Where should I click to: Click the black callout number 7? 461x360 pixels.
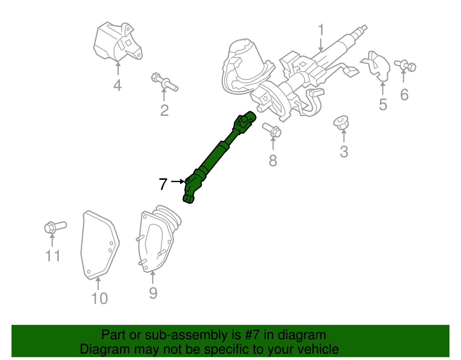[163, 184]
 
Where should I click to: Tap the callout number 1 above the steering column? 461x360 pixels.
[321, 31]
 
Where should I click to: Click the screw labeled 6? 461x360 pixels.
[405, 65]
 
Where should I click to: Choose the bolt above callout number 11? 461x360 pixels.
[55, 227]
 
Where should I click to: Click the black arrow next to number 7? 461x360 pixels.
[178, 181]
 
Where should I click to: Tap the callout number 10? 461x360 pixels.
[99, 299]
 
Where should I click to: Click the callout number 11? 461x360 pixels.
[53, 256]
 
